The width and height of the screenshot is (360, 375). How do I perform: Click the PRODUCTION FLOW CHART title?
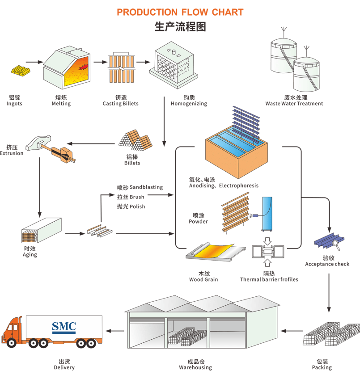180,12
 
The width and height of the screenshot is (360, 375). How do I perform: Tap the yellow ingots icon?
20,70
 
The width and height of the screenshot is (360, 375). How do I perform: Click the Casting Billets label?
121,104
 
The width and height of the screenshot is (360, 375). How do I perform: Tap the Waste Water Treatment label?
294,104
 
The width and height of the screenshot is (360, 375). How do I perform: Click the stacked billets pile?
136,141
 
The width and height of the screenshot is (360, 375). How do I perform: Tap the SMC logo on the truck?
64,327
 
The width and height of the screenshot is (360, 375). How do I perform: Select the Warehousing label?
195,367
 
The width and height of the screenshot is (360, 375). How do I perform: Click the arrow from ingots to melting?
34,62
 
